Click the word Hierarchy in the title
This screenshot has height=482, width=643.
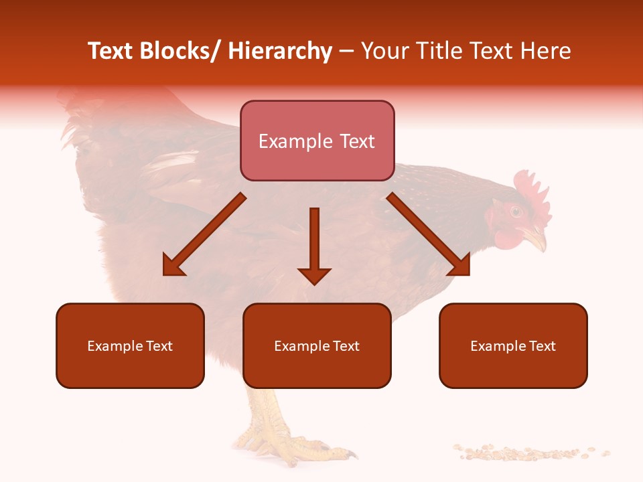pyautogui.click(x=279, y=52)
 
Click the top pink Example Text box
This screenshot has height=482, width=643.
pyautogui.click(x=317, y=141)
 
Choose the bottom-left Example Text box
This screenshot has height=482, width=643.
pyautogui.click(x=130, y=345)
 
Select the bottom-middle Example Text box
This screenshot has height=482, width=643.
pyautogui.click(x=317, y=345)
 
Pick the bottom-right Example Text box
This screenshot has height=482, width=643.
pyautogui.click(x=513, y=345)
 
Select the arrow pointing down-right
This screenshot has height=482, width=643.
pyautogui.click(x=429, y=234)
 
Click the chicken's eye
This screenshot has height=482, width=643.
pyautogui.click(x=516, y=212)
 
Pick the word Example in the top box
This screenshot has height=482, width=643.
pyautogui.click(x=286, y=141)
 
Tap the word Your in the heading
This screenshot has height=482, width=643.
pyautogui.click(x=383, y=52)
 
